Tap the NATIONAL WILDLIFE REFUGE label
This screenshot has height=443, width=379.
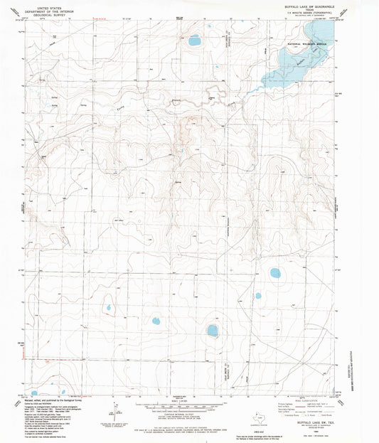click(306, 44)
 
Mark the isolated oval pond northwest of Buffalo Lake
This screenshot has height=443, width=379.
click(194, 41)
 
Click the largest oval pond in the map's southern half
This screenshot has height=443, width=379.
click(212, 330)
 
